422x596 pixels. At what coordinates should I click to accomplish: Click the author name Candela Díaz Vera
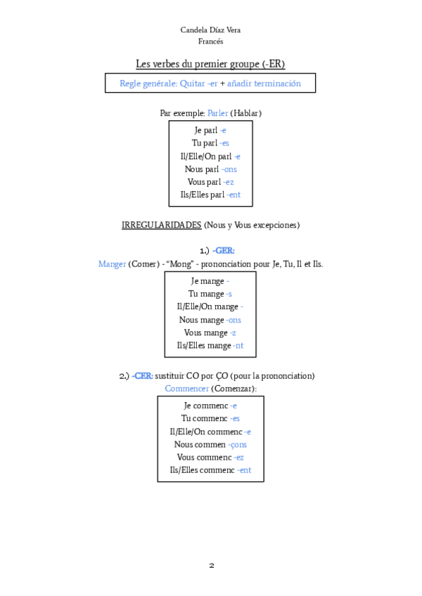(x=210, y=30)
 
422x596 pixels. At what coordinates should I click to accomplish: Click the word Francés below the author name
(x=210, y=41)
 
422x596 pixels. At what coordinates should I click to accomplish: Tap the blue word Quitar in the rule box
(x=192, y=83)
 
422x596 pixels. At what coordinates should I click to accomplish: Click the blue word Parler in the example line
(x=217, y=112)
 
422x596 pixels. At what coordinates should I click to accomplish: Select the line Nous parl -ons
(x=210, y=169)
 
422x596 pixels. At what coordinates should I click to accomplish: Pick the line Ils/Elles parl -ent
(x=210, y=195)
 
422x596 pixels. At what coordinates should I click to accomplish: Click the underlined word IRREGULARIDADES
(x=161, y=225)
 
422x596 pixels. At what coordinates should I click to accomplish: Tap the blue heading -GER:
(x=224, y=250)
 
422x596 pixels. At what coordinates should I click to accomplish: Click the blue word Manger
(x=112, y=264)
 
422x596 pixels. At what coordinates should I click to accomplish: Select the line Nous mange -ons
(x=210, y=320)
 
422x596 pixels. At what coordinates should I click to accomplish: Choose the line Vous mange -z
(x=210, y=332)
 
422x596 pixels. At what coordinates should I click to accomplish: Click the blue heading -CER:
(x=143, y=375)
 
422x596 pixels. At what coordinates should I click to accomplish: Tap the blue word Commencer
(x=186, y=388)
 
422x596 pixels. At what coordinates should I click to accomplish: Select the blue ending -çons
(x=237, y=444)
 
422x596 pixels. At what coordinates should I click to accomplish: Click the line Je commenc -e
(x=210, y=406)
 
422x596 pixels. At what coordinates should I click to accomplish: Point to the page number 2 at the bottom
(x=211, y=565)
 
